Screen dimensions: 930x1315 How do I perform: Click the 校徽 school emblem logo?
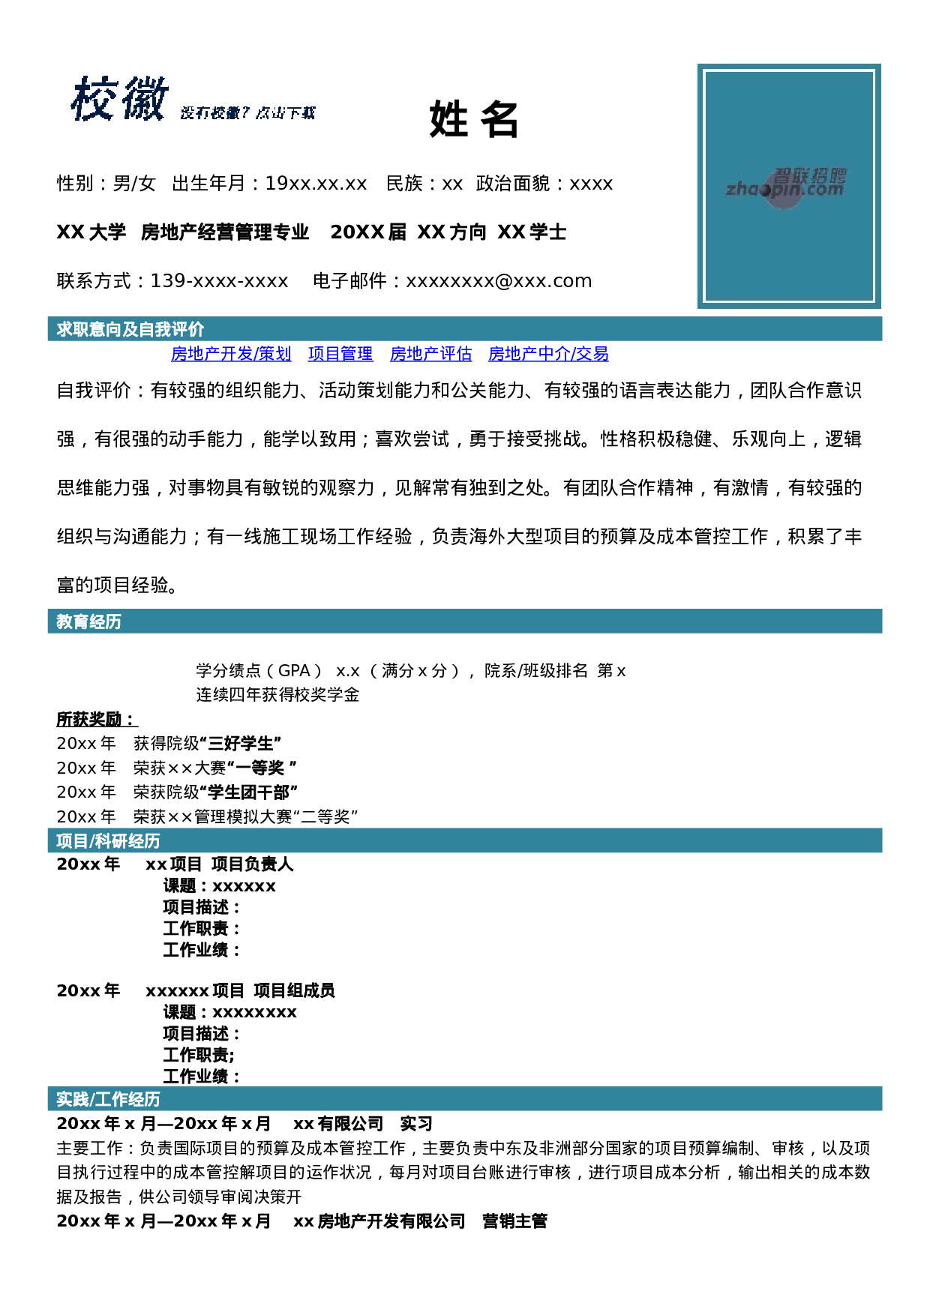[x=120, y=99]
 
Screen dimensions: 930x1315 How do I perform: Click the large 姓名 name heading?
[x=474, y=119]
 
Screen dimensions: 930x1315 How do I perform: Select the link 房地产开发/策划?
[x=231, y=354]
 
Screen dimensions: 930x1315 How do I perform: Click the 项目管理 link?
[x=340, y=354]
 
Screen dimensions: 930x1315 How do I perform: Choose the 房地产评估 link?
[x=431, y=354]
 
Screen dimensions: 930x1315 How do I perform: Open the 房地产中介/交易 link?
[x=548, y=354]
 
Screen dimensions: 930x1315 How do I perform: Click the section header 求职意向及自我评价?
[x=130, y=329]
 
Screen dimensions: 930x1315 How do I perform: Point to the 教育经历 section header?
[x=88, y=622]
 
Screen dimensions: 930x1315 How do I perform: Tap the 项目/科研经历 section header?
[x=108, y=841]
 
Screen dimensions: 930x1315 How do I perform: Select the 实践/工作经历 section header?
[x=108, y=1099]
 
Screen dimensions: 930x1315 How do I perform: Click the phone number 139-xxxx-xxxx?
[x=219, y=281]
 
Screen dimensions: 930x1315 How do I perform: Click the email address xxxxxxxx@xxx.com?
[x=499, y=281]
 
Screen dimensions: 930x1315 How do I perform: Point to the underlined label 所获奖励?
[x=97, y=720]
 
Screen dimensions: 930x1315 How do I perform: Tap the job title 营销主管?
[x=514, y=1221]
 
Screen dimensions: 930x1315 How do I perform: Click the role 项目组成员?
[x=294, y=991]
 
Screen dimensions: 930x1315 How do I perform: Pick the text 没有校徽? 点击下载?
[x=248, y=113]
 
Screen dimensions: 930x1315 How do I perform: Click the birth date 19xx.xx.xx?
[x=316, y=184]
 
